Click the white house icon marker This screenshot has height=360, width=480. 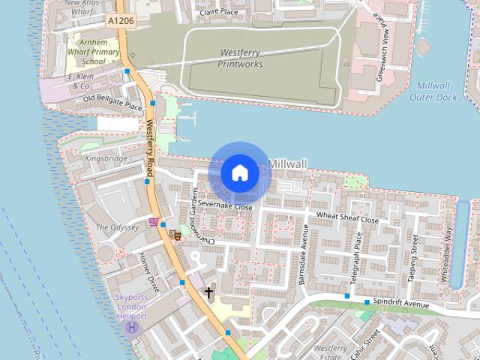(239, 173)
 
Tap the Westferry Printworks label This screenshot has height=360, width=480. (240, 58)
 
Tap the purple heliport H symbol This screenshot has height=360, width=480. (132, 328)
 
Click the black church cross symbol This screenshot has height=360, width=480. (208, 292)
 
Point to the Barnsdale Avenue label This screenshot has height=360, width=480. (303, 251)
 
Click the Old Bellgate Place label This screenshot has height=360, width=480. (112, 103)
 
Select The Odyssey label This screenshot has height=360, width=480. (116, 226)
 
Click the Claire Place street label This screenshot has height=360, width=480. (218, 13)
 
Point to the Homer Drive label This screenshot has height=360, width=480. (149, 271)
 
